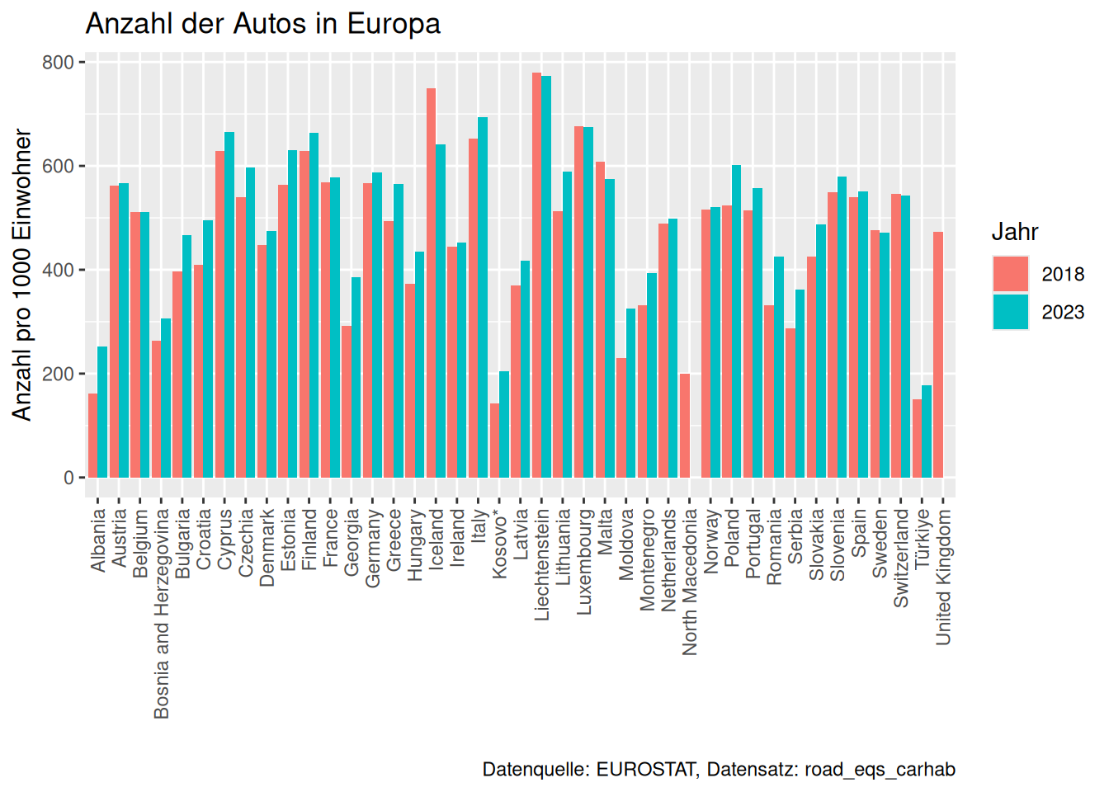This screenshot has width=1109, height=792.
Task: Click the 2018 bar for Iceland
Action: click(431, 283)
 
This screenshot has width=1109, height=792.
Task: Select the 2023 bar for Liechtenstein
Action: click(546, 276)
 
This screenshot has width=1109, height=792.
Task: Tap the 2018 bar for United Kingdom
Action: click(938, 355)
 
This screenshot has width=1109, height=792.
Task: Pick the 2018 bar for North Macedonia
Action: click(684, 426)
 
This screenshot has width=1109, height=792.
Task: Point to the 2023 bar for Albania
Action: click(102, 412)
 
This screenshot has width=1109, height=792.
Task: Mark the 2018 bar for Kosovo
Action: click(494, 441)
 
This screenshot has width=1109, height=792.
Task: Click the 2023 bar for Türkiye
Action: click(927, 431)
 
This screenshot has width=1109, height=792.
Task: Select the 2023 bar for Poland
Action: click(737, 322)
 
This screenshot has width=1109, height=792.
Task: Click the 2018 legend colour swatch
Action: click(1011, 274)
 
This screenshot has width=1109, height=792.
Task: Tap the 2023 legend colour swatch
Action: click(1011, 312)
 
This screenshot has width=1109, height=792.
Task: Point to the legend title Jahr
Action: click(1015, 232)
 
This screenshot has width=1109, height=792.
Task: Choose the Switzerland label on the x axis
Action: click(901, 559)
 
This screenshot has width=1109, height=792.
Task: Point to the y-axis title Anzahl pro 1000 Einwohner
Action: click(22, 275)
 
